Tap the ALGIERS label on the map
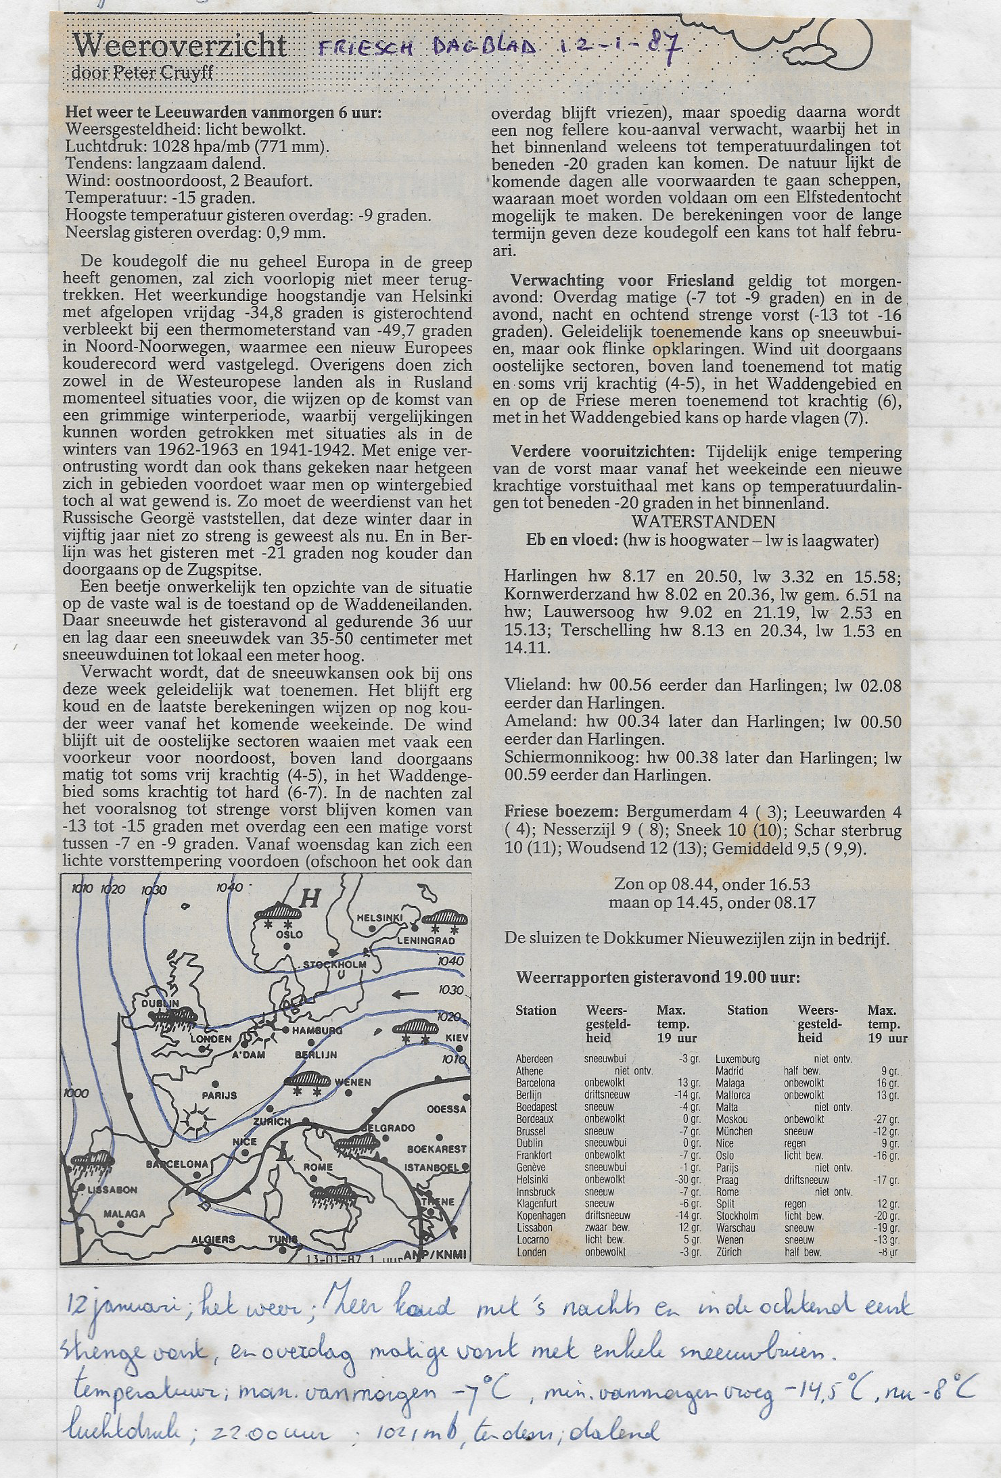pos(214,1239)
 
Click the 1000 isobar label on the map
pos(76,1093)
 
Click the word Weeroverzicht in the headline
pos(179,46)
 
